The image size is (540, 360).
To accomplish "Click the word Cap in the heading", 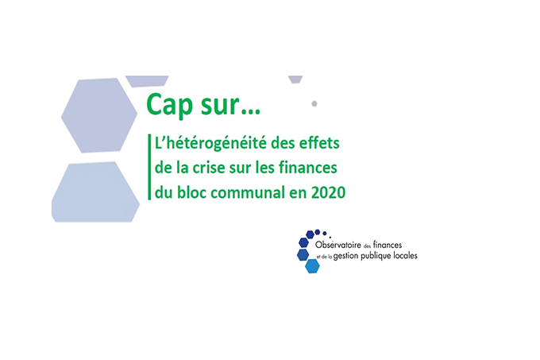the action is (x=169, y=106).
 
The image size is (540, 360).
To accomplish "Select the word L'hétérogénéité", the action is (x=210, y=143).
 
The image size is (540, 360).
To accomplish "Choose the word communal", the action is (x=248, y=192).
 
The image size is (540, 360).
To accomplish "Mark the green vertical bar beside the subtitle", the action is (x=149, y=167).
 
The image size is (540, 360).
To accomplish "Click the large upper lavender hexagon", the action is (x=99, y=115).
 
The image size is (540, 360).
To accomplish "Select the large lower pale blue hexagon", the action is (x=95, y=192).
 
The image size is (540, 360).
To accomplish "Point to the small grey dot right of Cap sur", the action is (x=314, y=103).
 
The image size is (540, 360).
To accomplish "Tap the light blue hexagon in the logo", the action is (x=312, y=266).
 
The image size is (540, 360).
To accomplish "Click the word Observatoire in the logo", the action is (x=338, y=245).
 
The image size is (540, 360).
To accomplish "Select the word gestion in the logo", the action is (x=345, y=257).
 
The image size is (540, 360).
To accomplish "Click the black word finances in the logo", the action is (x=388, y=245).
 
